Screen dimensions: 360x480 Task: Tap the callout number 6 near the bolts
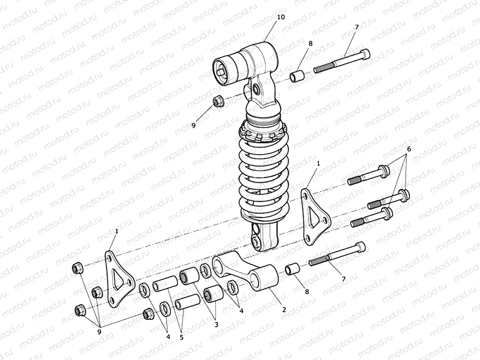tap(409, 149)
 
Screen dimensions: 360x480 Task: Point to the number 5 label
tap(182, 335)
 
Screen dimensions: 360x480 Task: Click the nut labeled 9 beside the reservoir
tap(218, 100)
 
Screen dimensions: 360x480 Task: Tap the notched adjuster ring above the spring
tap(264, 134)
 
